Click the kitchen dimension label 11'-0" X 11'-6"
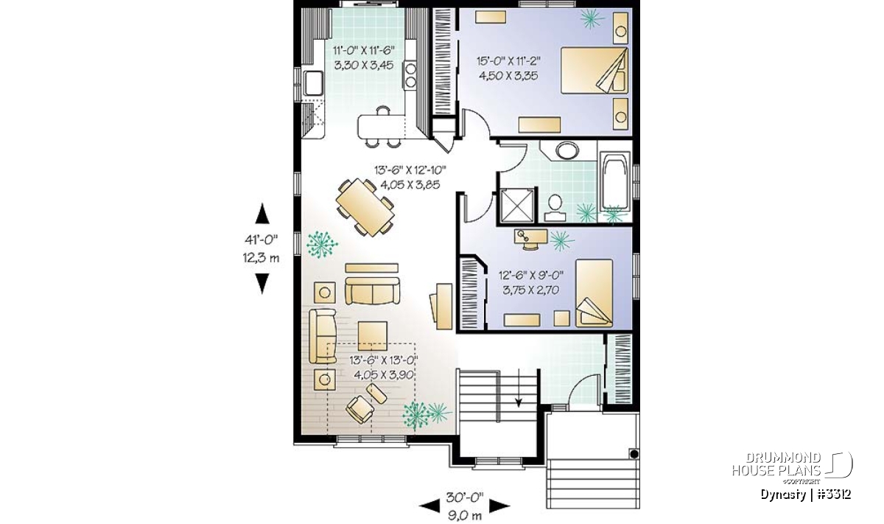[x=364, y=51]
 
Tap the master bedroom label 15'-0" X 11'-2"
[x=509, y=61]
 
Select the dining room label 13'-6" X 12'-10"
[x=410, y=170]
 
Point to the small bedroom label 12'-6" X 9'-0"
[x=531, y=275]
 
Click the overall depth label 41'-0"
[x=262, y=240]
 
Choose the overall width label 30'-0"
[x=465, y=497]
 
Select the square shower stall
[x=516, y=206]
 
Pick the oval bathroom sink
[x=567, y=150]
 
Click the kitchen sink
[x=314, y=83]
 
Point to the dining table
[x=365, y=207]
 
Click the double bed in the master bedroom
[x=594, y=71]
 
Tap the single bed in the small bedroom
[x=594, y=293]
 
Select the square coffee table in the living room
[x=373, y=336]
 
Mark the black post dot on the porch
[x=634, y=454]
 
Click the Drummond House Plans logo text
[x=776, y=464]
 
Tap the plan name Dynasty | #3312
[x=805, y=495]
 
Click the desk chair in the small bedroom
[x=530, y=245]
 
